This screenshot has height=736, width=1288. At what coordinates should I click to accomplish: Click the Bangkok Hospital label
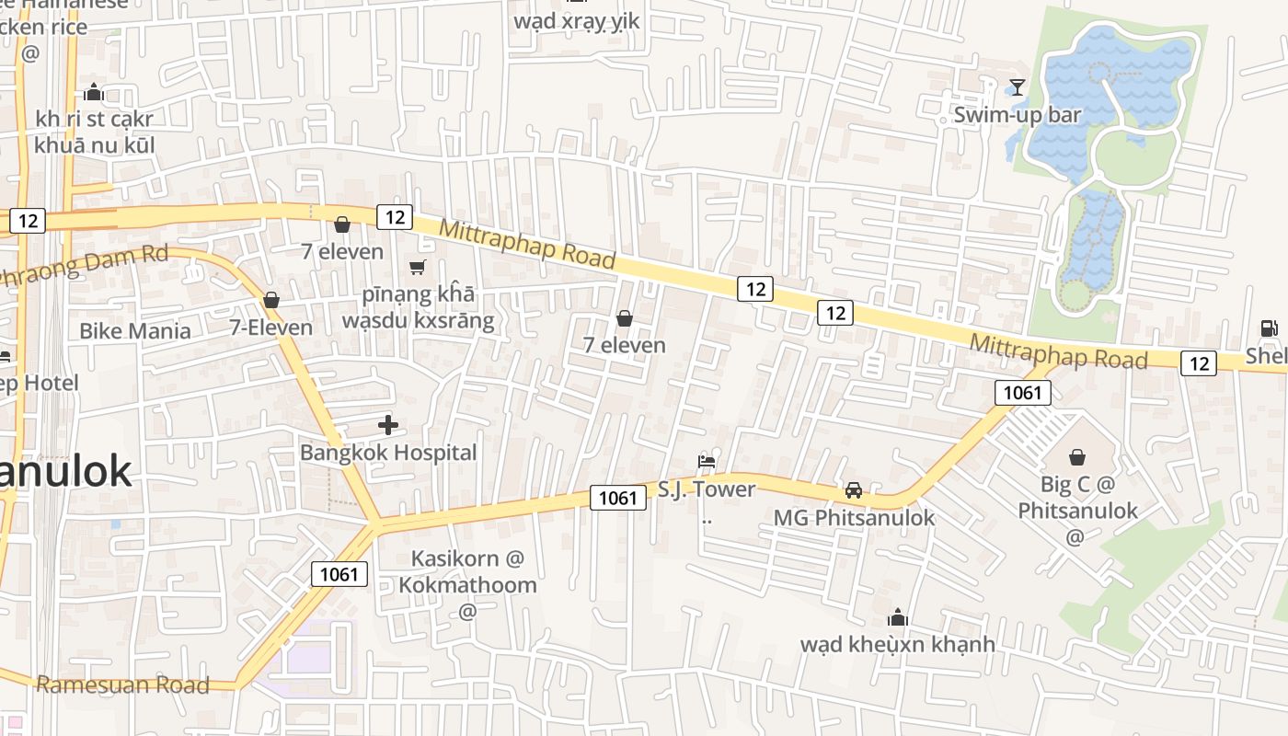[388, 453]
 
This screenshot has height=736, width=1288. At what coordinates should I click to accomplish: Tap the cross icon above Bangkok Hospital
[388, 425]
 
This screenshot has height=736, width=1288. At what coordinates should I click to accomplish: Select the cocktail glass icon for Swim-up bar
[1017, 87]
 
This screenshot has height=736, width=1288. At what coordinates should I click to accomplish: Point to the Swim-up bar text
[1017, 115]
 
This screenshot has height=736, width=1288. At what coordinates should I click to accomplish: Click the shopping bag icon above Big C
[1076, 456]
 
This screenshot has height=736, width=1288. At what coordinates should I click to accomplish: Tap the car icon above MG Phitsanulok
[854, 490]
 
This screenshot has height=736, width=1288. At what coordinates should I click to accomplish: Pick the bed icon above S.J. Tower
[707, 461]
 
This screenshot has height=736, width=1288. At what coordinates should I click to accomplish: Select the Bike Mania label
[135, 331]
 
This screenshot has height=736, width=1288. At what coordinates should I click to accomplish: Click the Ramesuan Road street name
[122, 684]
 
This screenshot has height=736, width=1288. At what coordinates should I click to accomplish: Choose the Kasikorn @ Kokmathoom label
[467, 571]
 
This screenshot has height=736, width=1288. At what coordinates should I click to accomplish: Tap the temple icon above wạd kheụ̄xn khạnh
[898, 617]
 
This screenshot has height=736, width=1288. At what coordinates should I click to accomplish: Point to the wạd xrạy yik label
[576, 20]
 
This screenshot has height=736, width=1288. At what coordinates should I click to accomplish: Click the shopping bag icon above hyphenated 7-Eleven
[271, 300]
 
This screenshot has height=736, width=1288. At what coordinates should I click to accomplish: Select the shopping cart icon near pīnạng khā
[418, 268]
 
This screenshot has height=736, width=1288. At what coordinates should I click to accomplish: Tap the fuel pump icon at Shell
[1269, 328]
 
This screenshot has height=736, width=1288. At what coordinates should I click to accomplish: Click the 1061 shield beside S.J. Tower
[617, 498]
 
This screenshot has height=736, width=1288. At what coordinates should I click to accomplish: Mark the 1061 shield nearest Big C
[1022, 393]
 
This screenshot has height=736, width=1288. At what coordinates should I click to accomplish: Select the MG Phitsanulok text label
[854, 517]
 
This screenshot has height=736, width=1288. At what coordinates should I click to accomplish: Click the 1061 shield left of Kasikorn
[339, 574]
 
